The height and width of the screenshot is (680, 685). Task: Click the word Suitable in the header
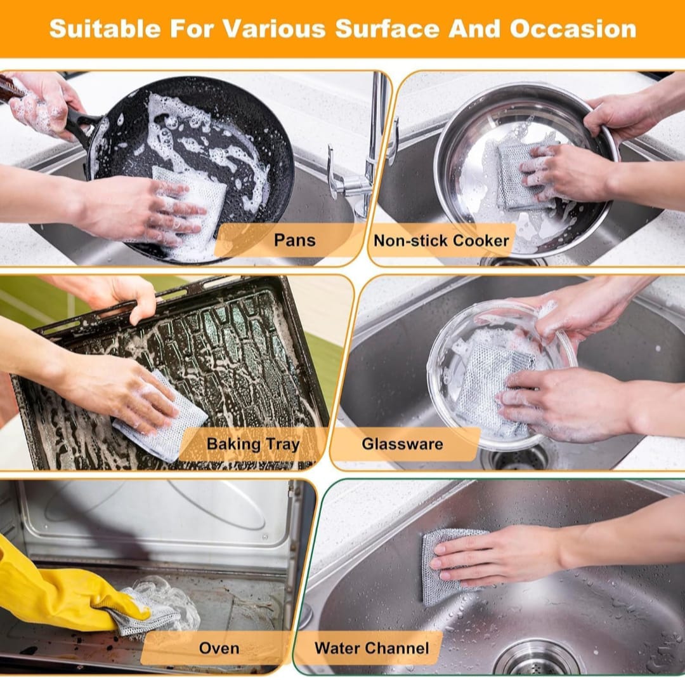[105, 29]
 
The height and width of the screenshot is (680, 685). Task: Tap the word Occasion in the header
[573, 29]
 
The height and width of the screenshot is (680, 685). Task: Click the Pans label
[294, 240]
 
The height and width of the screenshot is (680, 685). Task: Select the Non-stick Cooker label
[441, 241]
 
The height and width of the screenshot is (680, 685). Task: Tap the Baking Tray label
[253, 444]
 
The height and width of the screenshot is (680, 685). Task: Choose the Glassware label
[402, 444]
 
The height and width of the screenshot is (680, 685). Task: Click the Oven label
[219, 648]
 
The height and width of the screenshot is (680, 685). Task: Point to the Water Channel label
[372, 648]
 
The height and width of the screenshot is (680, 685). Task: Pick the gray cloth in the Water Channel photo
[450, 566]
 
